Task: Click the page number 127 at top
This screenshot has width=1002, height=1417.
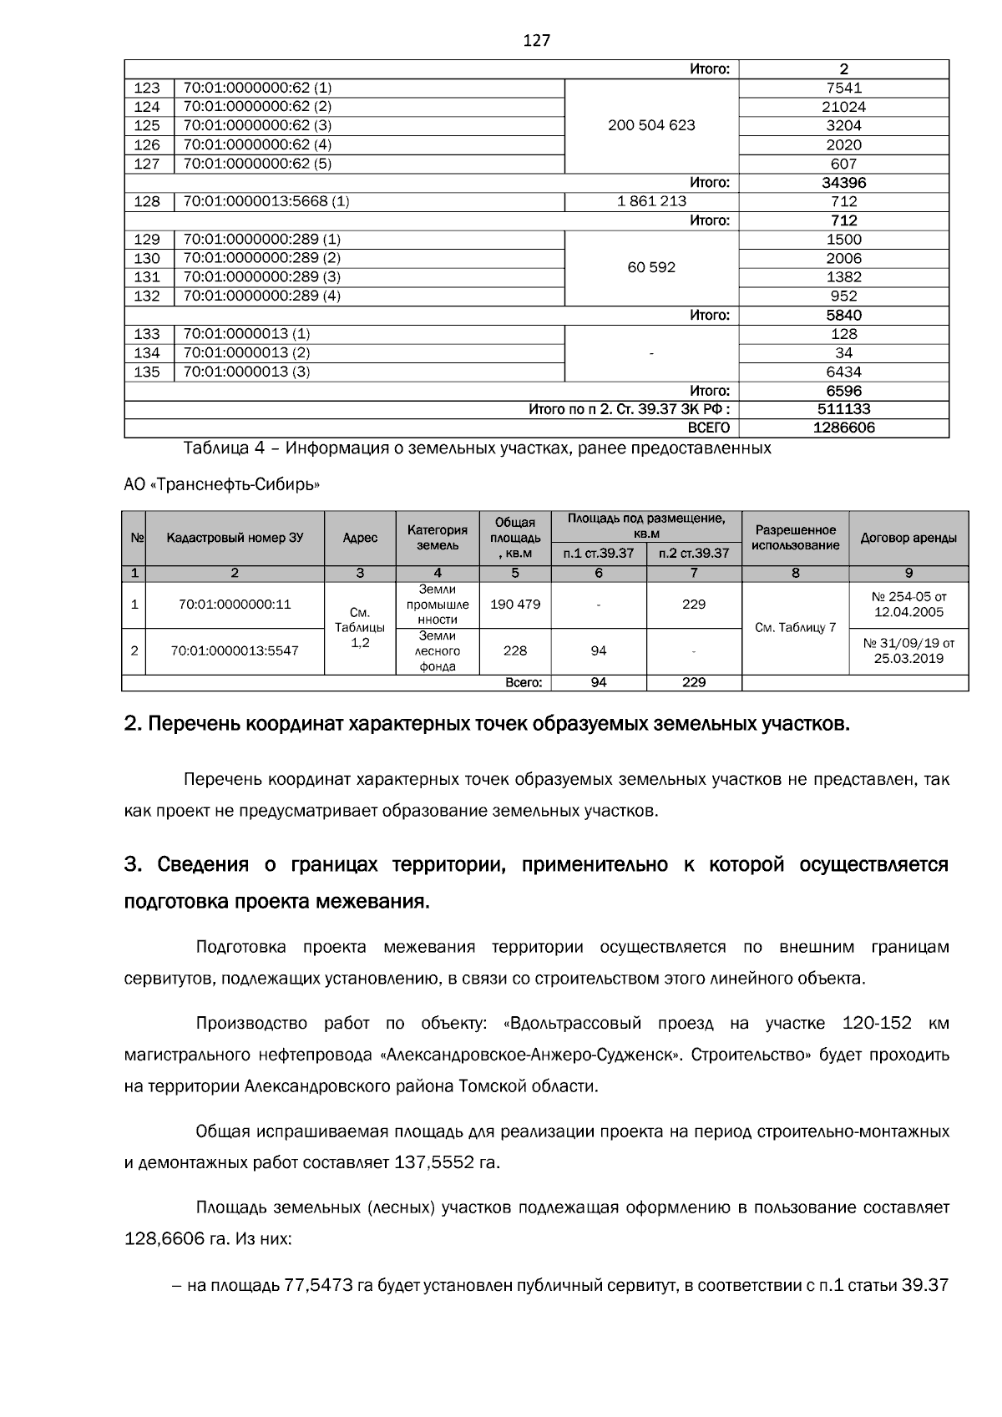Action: (x=536, y=40)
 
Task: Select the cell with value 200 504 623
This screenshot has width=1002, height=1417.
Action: (x=651, y=125)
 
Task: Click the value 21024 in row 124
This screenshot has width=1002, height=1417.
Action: (x=843, y=107)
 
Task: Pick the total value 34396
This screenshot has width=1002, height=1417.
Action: (x=843, y=182)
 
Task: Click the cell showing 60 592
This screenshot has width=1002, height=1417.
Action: (x=651, y=267)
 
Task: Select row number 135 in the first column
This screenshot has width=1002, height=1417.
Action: (x=147, y=372)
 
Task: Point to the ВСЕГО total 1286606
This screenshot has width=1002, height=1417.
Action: (x=843, y=428)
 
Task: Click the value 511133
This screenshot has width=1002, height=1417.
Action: (x=843, y=409)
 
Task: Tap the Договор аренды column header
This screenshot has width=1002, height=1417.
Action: (x=908, y=538)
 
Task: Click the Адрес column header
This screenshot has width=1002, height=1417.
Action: (x=360, y=538)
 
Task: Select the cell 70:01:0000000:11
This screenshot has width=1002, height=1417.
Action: (x=235, y=605)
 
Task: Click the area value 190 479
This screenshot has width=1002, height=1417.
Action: (x=514, y=605)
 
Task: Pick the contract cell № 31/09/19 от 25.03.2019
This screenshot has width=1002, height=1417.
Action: (x=908, y=650)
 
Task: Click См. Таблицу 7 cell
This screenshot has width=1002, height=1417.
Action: (x=794, y=627)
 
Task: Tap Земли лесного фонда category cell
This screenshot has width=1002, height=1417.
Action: (x=438, y=650)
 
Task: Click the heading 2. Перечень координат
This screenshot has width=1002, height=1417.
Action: (x=486, y=724)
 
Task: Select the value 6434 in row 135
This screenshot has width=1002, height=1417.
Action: (x=843, y=372)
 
